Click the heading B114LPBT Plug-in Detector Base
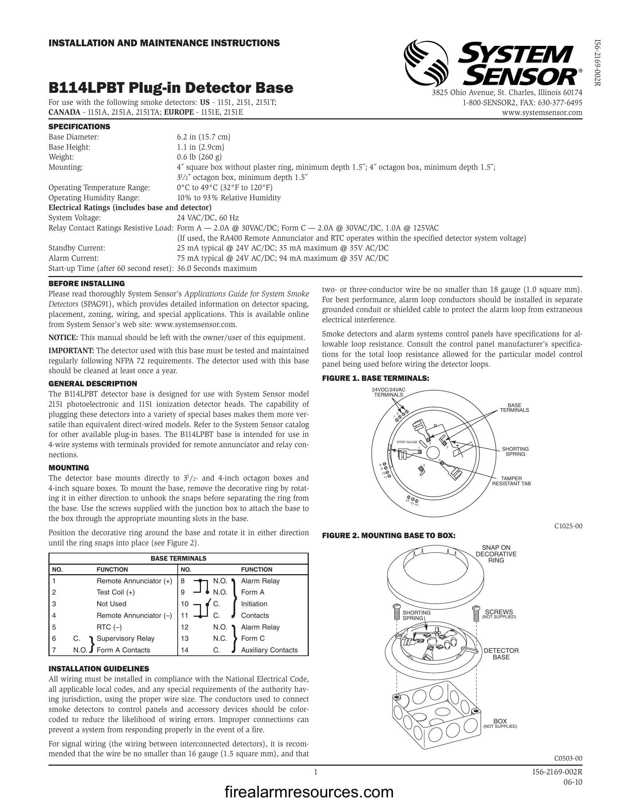[x=171, y=88]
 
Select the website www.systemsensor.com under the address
[x=542, y=113]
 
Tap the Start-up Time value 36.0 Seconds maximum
[x=217, y=268]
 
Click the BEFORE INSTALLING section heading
[x=87, y=284]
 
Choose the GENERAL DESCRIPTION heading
[x=93, y=384]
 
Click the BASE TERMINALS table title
[x=178, y=558]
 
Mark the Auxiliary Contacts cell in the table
[x=269, y=650]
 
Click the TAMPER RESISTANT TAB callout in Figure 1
[x=511, y=481]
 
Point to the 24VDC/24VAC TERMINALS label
[x=389, y=392]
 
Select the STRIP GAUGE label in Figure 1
[x=407, y=442]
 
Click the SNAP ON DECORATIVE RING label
[x=496, y=554]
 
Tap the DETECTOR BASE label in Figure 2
[x=501, y=654]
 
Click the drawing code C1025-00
[x=568, y=526]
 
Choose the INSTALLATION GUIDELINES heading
[x=99, y=668]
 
